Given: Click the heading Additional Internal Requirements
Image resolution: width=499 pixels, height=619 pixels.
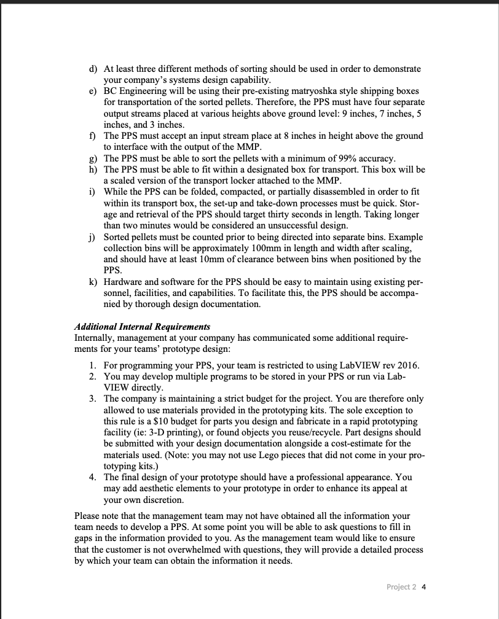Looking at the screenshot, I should [x=142, y=327].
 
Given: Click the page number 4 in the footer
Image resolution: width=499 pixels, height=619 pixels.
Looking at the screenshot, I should [x=424, y=586].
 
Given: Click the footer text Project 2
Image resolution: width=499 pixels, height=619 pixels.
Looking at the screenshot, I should [x=401, y=586].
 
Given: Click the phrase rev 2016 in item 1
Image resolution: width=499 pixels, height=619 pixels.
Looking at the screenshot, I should [x=400, y=365].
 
